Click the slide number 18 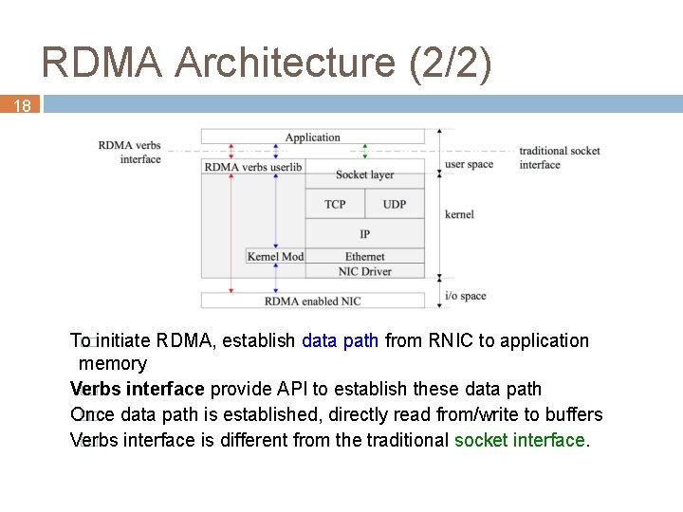pos(21,106)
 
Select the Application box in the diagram pos(312,137)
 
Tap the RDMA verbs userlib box pos(253,167)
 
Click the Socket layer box pos(364,175)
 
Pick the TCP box pos(335,205)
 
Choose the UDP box pos(394,205)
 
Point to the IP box pos(364,234)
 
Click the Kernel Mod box pos(275,256)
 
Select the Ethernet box pos(364,256)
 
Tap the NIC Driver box pos(364,271)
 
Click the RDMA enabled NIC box pos(312,302)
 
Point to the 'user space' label pos(470,164)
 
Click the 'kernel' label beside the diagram pos(459,214)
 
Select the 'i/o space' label pos(466,296)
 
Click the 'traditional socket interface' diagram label pos(559,157)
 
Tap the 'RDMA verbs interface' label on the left pos(130,152)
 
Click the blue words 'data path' pos(340,340)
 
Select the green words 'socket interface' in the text pos(520,440)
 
